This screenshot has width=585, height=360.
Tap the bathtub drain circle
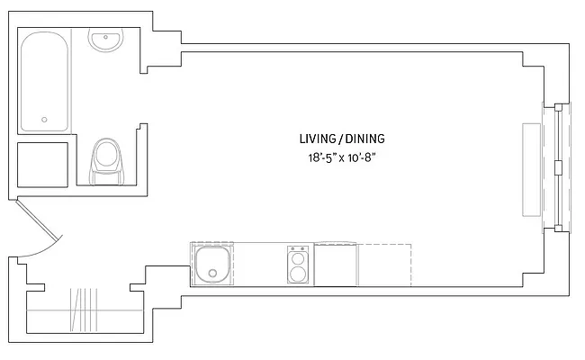44,120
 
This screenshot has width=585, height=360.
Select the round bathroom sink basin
106,40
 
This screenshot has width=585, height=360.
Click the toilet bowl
107,155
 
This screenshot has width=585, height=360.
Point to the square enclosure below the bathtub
43,164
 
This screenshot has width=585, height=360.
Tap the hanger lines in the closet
85,310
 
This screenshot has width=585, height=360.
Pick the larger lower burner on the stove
298,273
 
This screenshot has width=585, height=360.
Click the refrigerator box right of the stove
336,265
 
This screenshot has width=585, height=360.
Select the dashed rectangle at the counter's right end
384,265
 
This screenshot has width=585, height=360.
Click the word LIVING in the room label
317,139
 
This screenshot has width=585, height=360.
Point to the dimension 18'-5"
323,157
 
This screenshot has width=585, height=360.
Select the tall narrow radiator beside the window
532,168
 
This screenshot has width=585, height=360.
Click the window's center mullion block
559,167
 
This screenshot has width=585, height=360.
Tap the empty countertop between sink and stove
259,265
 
